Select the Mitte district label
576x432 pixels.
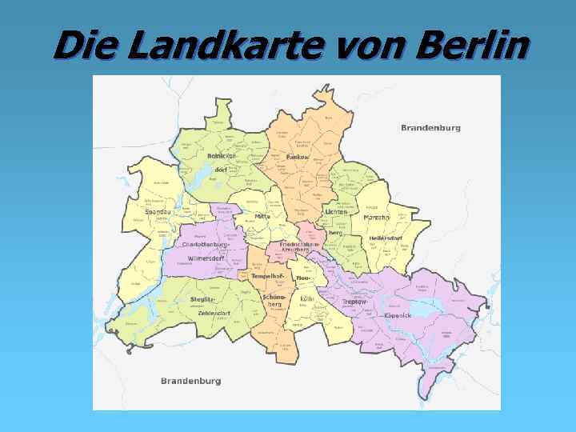coord(262,216)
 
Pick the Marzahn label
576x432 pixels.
coord(377,217)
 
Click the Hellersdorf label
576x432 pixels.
coord(386,238)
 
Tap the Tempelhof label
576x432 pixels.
coord(268,276)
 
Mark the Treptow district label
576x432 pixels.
coord(354,302)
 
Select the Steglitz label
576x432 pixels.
coord(202,298)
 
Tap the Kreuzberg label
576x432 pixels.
coord(295,250)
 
